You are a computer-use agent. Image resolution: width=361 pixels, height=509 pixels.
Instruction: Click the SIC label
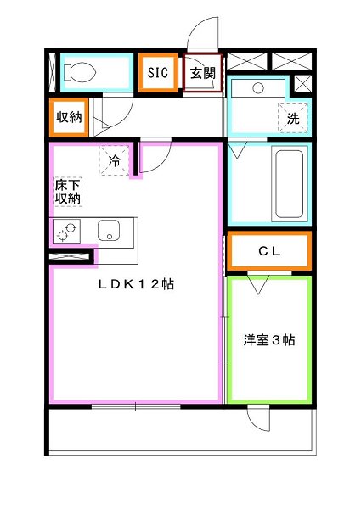[157, 73]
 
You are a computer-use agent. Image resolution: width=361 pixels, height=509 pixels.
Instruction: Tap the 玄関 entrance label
[201, 73]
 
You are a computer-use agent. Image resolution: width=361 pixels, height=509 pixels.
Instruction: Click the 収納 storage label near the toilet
[69, 117]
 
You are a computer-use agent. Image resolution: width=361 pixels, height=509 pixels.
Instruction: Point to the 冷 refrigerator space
[113, 159]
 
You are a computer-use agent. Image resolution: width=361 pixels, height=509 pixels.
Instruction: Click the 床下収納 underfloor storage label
[68, 191]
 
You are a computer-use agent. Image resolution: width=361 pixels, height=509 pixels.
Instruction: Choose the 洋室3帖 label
[268, 340]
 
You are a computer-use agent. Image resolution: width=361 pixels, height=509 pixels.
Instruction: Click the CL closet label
[269, 250]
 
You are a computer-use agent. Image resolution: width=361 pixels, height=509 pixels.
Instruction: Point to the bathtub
[289, 185]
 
